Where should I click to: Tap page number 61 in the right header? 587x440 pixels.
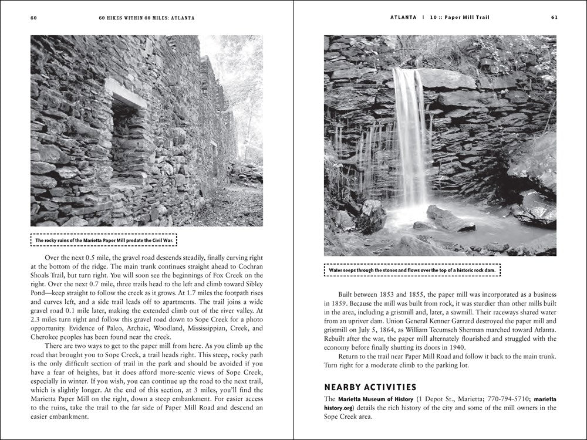coord(554,18)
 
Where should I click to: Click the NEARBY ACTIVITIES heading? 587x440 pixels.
coord(370,387)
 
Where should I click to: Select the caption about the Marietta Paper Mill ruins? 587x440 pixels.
coord(105,241)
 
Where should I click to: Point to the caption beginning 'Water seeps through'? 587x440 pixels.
coord(412,270)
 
